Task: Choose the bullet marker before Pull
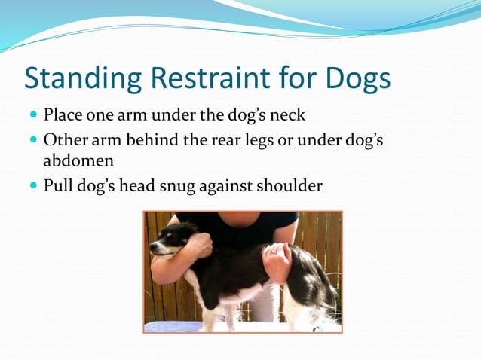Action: pyautogui.click(x=33, y=185)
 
